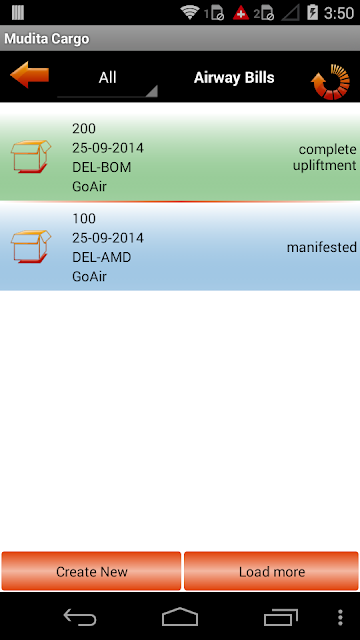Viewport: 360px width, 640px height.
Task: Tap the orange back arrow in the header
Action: [x=29, y=75]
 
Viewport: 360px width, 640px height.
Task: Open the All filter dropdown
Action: [x=107, y=78]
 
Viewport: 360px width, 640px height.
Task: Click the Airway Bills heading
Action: [x=234, y=78]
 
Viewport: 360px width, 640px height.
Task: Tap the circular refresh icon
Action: [x=331, y=82]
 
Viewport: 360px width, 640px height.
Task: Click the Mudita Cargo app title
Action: [x=47, y=39]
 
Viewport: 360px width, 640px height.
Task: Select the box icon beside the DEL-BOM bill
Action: [x=31, y=157]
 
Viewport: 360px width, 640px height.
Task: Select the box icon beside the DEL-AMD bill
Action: [x=31, y=247]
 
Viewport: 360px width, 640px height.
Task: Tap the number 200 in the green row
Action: [x=84, y=129]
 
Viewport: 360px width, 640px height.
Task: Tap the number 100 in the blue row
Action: [x=84, y=218]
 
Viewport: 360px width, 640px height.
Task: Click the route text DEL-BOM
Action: [x=102, y=167]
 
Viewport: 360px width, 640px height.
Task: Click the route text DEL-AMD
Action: [x=102, y=257]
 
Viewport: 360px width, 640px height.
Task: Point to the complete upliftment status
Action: [x=324, y=158]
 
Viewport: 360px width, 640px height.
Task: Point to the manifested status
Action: [x=322, y=247]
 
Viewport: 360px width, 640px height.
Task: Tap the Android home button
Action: [x=180, y=617]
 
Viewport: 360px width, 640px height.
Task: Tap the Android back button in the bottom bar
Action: [x=80, y=617]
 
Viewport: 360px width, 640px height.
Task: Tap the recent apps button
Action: [x=281, y=617]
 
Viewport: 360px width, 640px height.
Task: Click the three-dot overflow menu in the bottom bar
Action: [x=340, y=618]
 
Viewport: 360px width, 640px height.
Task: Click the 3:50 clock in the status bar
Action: [x=339, y=13]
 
